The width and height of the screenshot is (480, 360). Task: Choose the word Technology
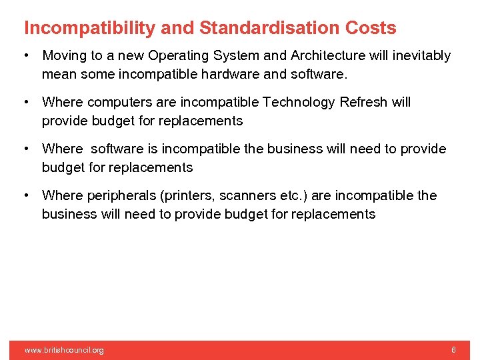point(299,103)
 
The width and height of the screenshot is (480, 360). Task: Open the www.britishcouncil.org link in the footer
point(64,350)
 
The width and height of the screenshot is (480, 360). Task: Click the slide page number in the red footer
point(453,350)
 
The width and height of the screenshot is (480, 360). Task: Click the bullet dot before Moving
point(26,56)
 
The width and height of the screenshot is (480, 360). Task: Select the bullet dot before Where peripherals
point(26,196)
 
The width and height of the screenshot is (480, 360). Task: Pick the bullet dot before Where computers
point(26,103)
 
